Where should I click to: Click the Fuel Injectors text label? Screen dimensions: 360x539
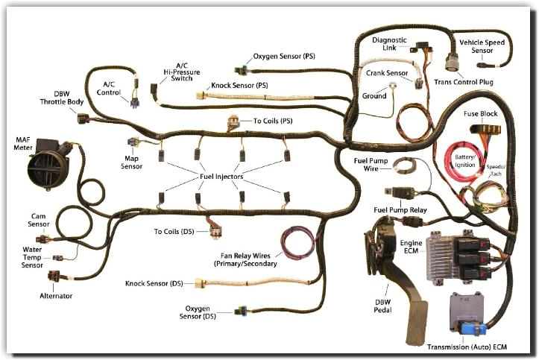tap(223, 176)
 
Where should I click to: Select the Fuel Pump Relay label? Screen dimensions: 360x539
tap(400, 211)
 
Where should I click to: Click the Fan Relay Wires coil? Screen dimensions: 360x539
tap(298, 244)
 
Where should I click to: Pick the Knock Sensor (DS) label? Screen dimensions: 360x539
tap(154, 284)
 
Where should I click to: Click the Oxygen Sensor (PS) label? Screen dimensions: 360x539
tap(284, 56)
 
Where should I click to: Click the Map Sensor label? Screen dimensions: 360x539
tap(131, 162)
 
